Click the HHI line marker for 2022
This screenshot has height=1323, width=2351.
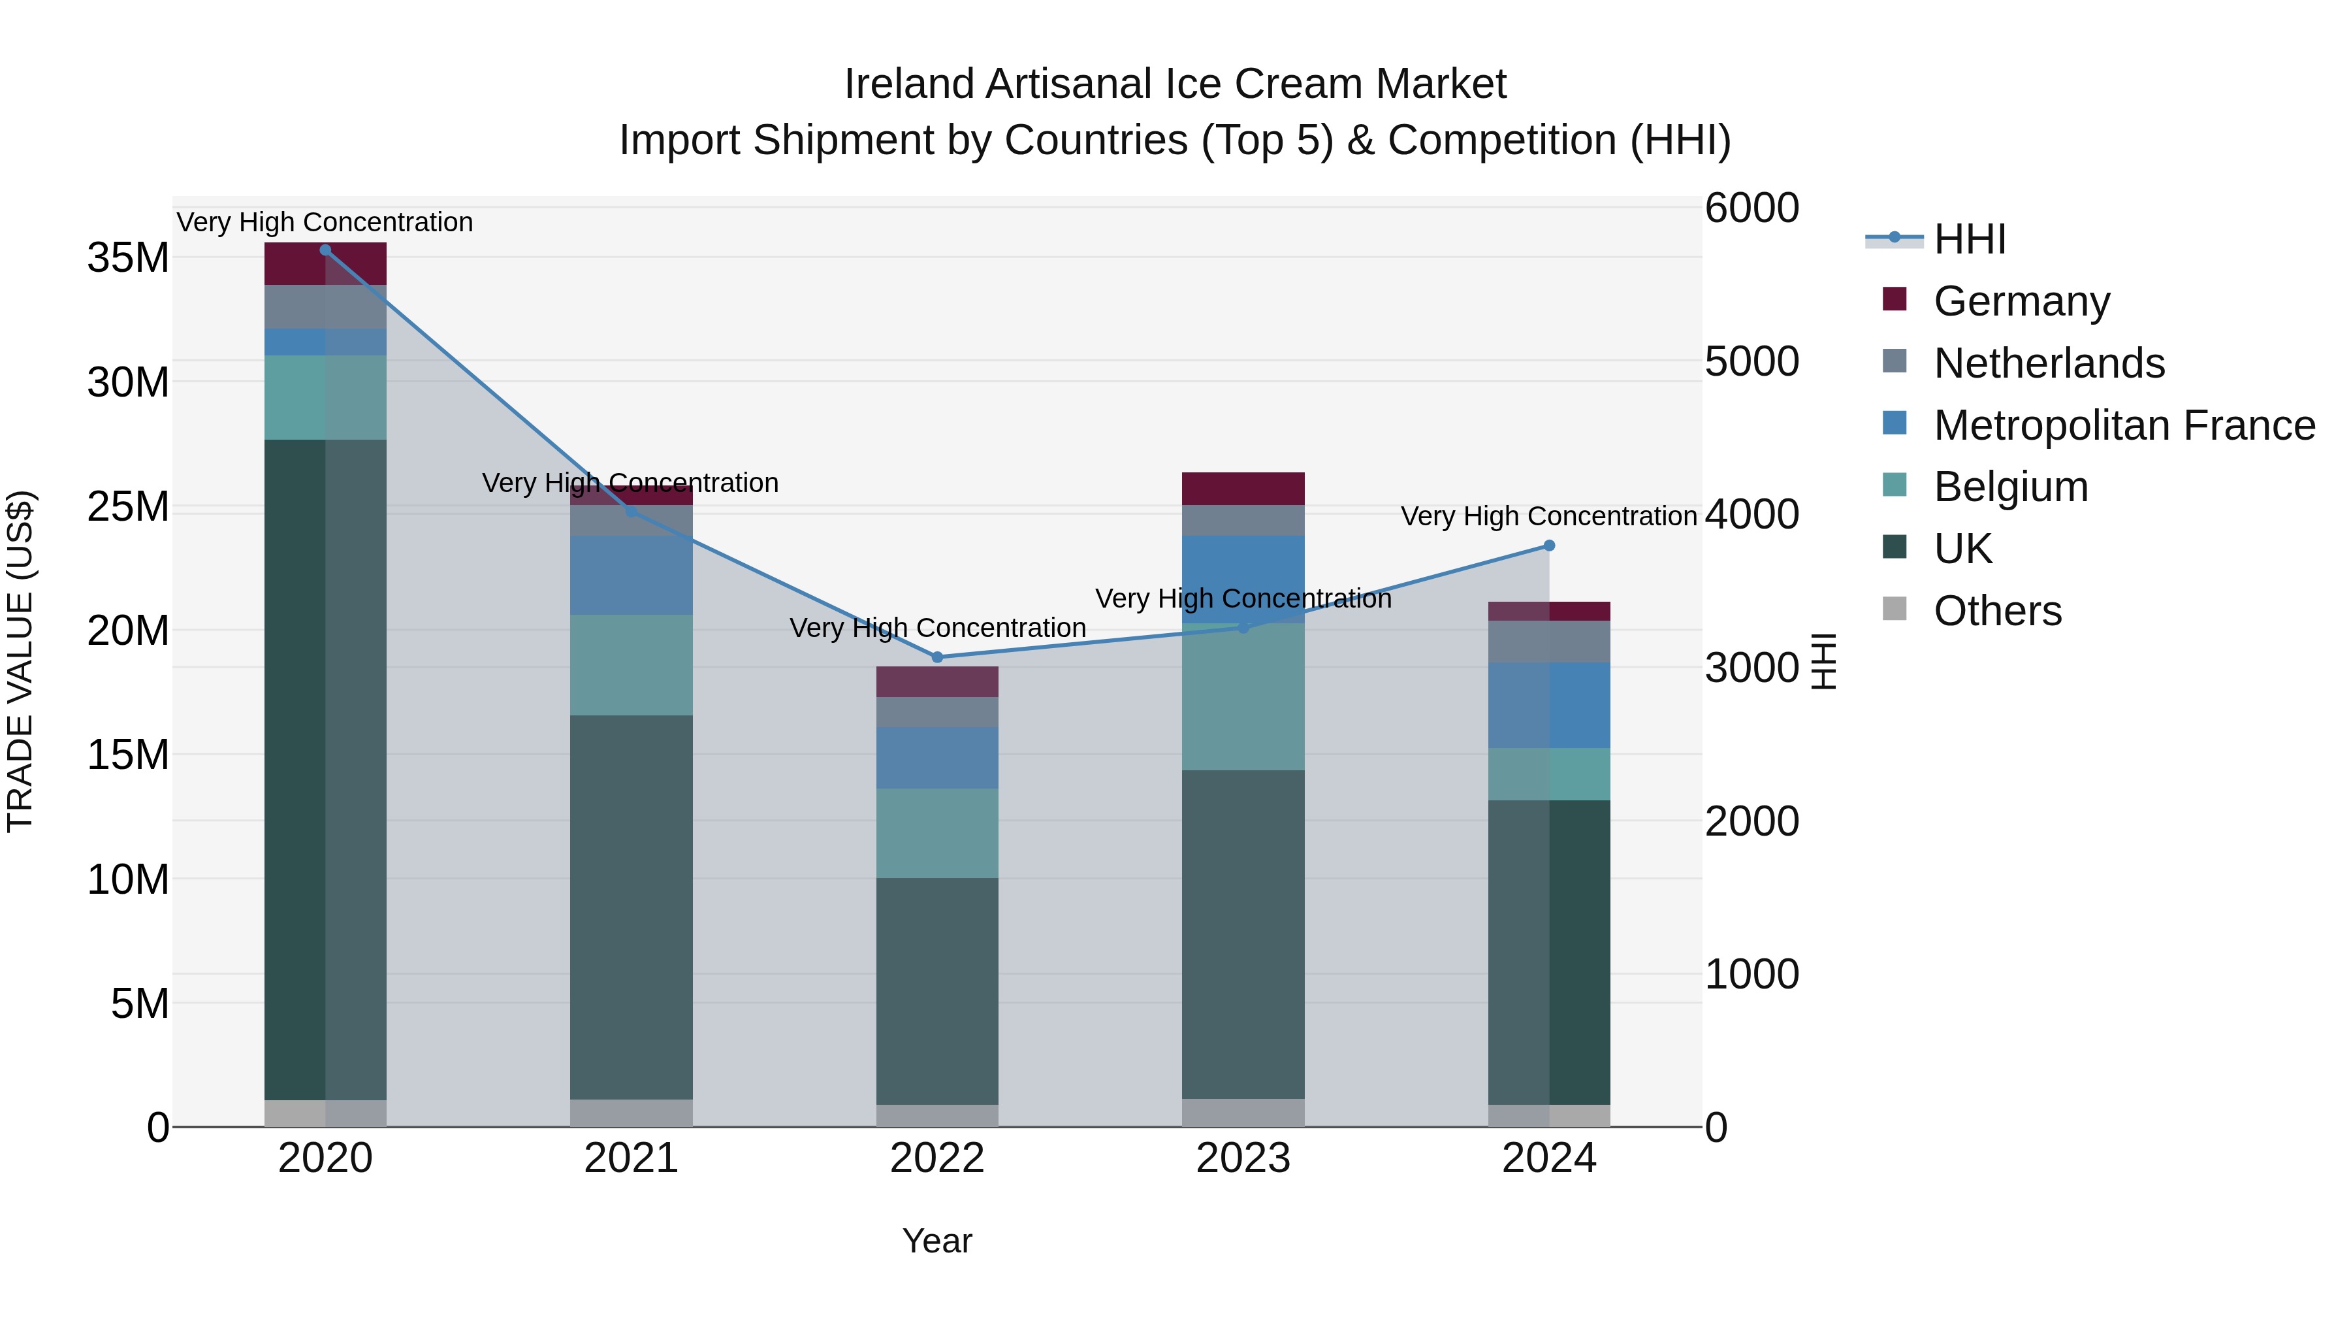[936, 657]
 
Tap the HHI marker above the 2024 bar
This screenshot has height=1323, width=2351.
[1549, 546]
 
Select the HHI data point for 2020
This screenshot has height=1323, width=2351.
[325, 250]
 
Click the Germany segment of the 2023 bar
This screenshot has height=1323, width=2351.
[1243, 489]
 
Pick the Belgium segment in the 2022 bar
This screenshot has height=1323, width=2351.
[936, 833]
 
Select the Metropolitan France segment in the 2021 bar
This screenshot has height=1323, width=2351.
[631, 575]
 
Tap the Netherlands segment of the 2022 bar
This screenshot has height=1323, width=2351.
[936, 712]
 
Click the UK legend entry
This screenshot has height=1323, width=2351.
[1962, 549]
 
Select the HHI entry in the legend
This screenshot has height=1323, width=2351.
[1970, 239]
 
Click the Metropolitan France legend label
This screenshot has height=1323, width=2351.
[2124, 425]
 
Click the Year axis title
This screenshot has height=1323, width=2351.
[936, 1241]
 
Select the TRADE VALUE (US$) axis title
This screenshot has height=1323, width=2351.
[20, 661]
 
